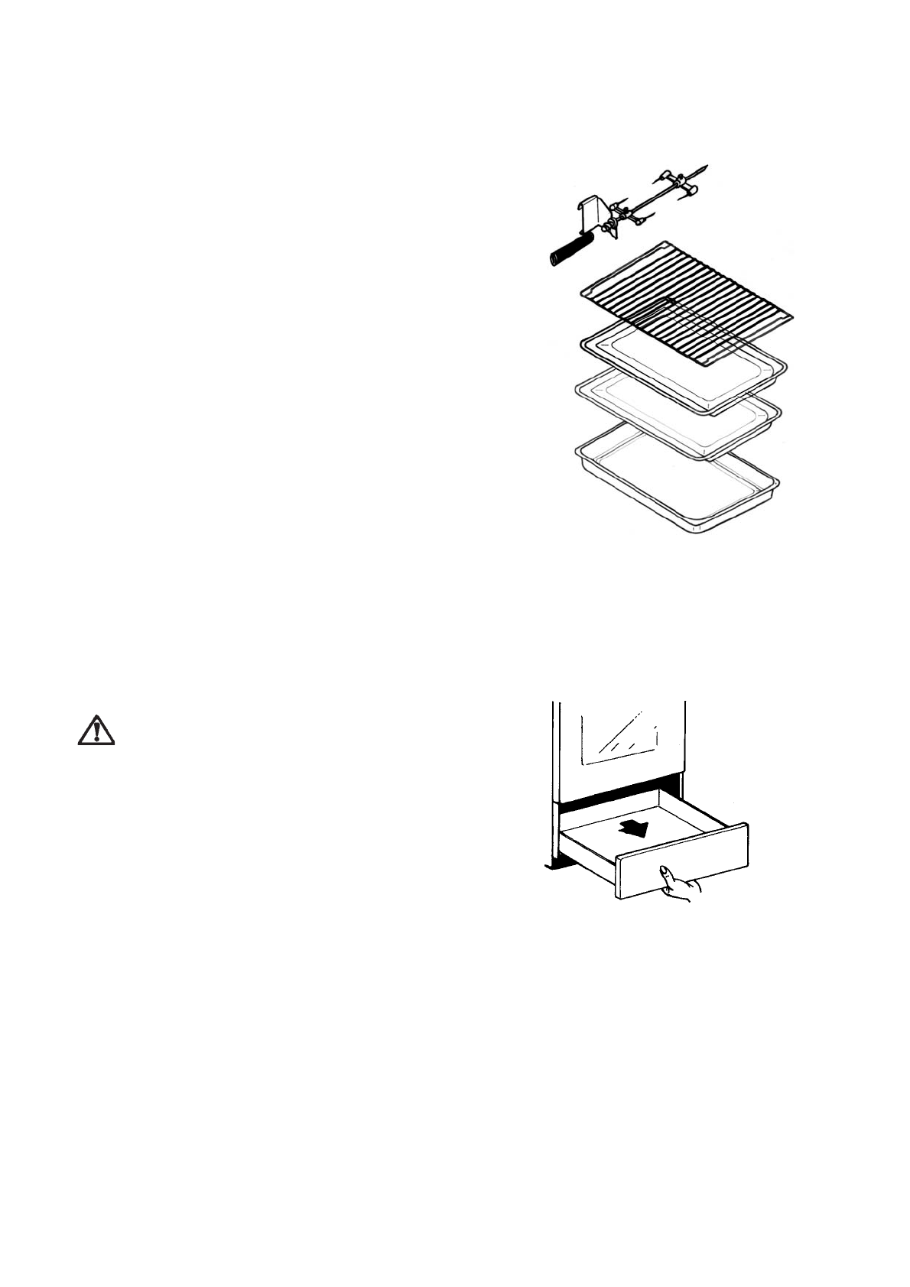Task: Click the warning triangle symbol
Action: (96, 730)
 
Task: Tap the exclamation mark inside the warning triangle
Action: (96, 732)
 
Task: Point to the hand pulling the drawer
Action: (680, 884)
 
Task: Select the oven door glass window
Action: (620, 738)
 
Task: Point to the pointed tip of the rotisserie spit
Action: (705, 168)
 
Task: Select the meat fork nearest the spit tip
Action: (677, 180)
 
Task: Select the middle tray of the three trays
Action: (677, 417)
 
